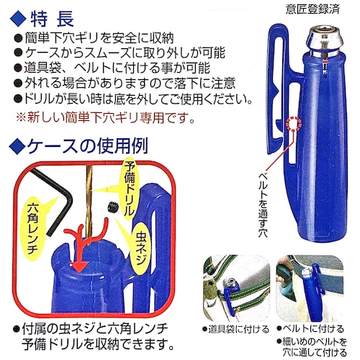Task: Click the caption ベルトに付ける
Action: tap(312, 328)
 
